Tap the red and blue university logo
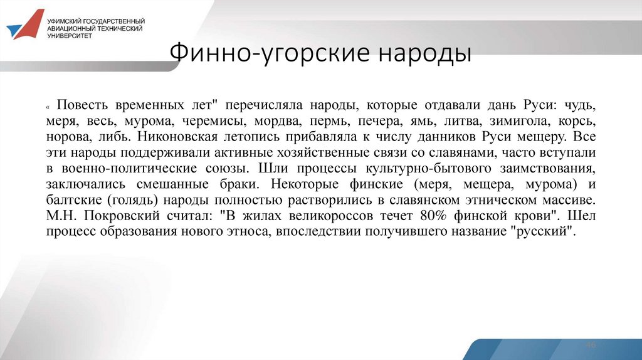point(25,26)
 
